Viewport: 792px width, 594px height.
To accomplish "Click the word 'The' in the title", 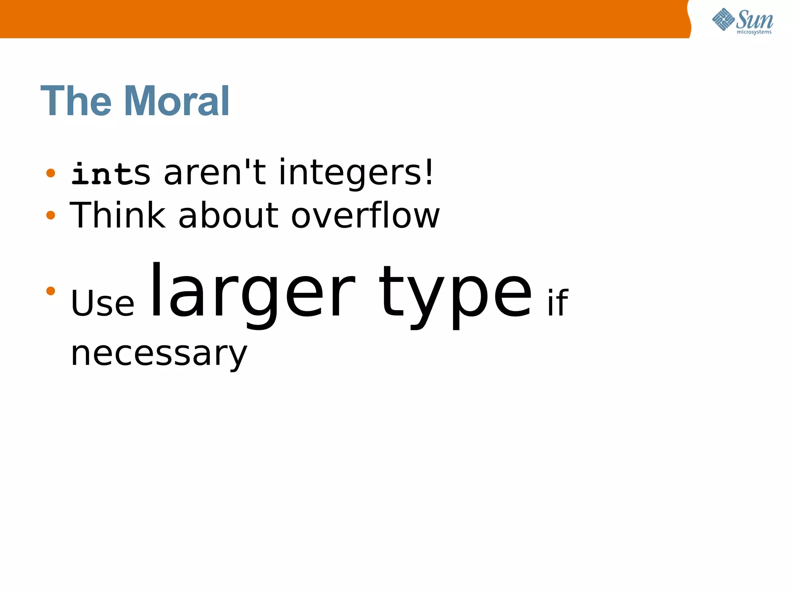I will pos(76,101).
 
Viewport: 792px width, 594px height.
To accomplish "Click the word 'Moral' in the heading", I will pos(177,101).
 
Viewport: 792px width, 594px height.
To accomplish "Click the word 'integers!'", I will pos(356,173).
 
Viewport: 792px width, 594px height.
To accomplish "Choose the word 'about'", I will pos(228,216).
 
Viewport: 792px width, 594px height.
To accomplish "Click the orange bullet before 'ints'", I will pos(51,173).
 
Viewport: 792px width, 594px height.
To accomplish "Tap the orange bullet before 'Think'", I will pos(51,215).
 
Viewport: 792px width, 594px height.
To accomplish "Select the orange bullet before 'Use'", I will pos(51,290).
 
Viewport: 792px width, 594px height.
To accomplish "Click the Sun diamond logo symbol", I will pos(723,19).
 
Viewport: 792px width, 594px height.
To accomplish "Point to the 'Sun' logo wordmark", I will pos(754,19).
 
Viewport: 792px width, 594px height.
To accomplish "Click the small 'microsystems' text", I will pos(754,32).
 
